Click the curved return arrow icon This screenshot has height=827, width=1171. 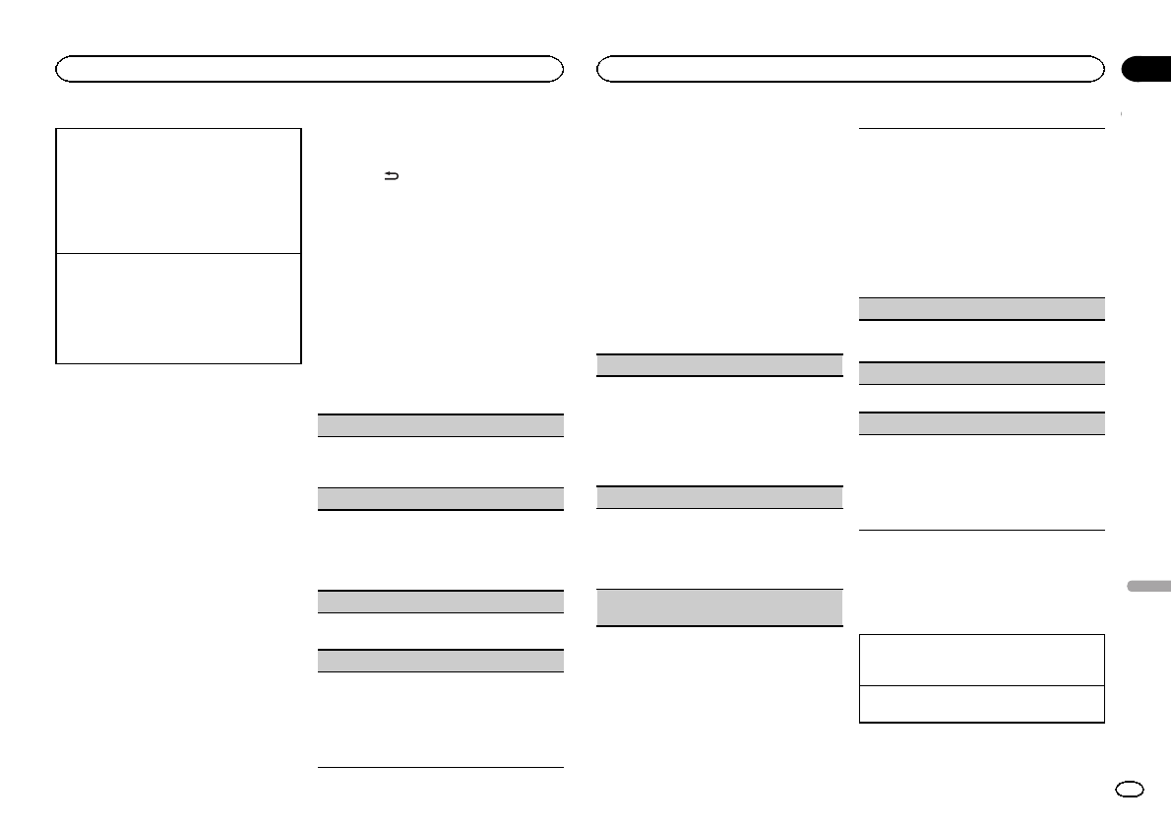pyautogui.click(x=392, y=177)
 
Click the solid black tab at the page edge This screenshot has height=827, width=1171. pyautogui.click(x=1145, y=68)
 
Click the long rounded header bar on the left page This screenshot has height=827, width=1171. pyautogui.click(x=309, y=68)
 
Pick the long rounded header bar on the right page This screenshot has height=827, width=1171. pyautogui.click(x=850, y=68)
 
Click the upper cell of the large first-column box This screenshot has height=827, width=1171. pyautogui.click(x=178, y=190)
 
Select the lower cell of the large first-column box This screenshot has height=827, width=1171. pyautogui.click(x=178, y=308)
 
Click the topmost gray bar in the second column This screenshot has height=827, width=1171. pyautogui.click(x=441, y=425)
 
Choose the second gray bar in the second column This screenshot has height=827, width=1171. pyautogui.click(x=441, y=498)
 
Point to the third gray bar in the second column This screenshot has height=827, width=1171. pyautogui.click(x=441, y=601)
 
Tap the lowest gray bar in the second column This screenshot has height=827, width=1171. pyautogui.click(x=441, y=661)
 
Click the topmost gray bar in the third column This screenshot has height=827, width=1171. pyautogui.click(x=720, y=364)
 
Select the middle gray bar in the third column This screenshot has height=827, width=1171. pyautogui.click(x=720, y=497)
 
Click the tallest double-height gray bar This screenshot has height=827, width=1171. pyautogui.click(x=720, y=607)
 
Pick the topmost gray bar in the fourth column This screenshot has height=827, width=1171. pyautogui.click(x=981, y=308)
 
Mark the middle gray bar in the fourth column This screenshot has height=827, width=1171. pyautogui.click(x=981, y=373)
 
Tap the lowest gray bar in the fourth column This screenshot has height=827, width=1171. pyautogui.click(x=981, y=423)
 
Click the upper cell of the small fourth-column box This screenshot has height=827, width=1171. pyautogui.click(x=981, y=660)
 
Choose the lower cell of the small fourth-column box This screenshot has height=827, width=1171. pyautogui.click(x=981, y=704)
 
